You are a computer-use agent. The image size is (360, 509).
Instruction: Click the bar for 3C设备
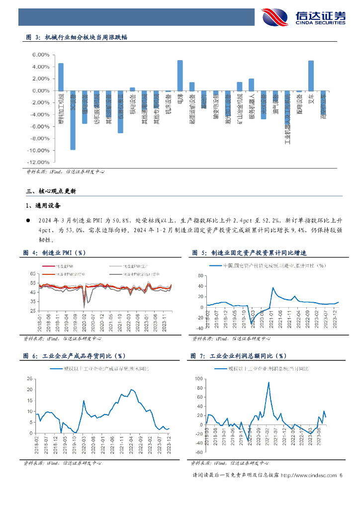point(73,120)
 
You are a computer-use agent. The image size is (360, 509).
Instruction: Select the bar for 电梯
point(180,76)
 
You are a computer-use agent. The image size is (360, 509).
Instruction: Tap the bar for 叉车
point(311,76)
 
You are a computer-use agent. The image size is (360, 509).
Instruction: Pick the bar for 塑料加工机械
point(61,77)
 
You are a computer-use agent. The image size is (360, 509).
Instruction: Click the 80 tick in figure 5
point(200,275)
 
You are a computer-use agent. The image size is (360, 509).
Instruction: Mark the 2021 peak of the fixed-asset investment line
point(273,287)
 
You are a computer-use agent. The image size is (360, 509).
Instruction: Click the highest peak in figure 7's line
point(269,382)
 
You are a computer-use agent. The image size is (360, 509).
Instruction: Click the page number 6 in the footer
point(341,476)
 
